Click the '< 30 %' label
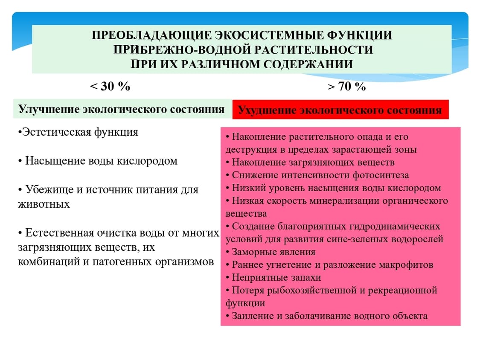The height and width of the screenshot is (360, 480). (110, 86)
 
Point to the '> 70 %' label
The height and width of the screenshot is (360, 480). (346, 87)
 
